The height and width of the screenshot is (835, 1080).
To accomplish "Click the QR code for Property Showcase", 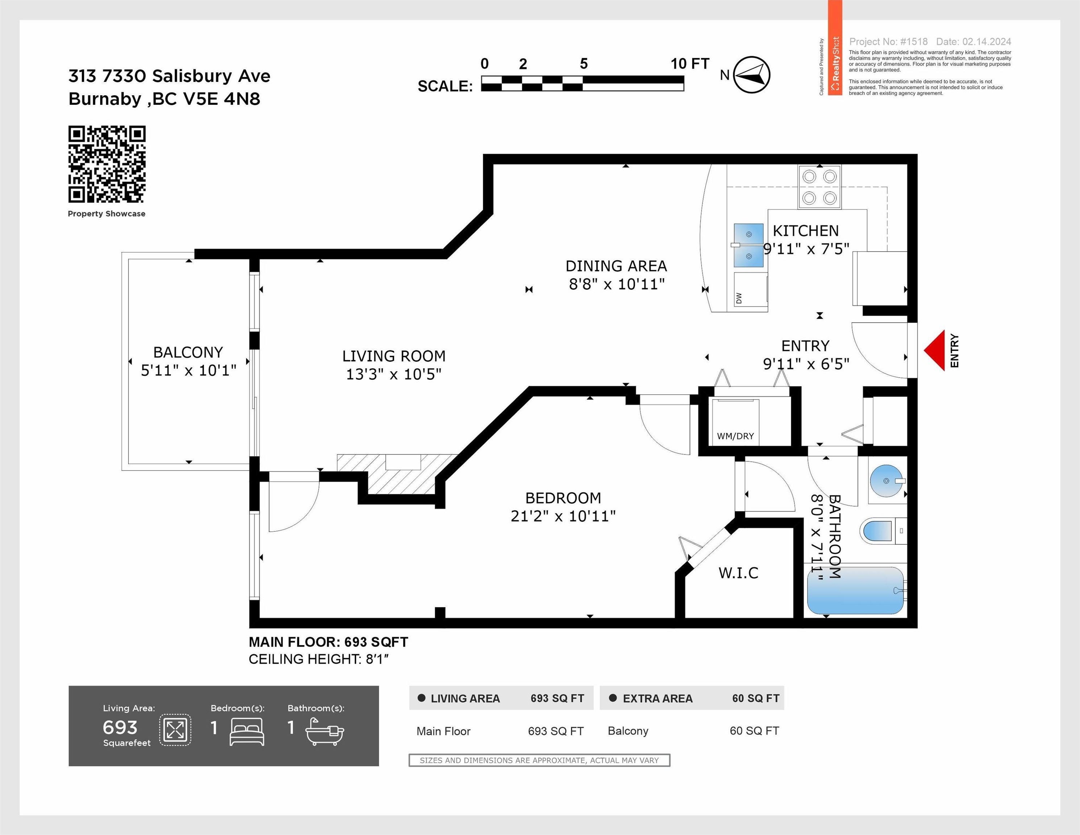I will (x=107, y=164).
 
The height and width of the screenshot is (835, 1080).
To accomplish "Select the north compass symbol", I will (x=751, y=75).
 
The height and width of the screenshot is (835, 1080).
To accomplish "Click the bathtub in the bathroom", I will (x=855, y=590).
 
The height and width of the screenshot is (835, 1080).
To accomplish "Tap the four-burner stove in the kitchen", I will (x=819, y=187).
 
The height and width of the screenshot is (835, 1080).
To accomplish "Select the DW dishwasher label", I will (x=739, y=298).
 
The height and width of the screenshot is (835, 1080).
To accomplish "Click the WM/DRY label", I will (x=735, y=436).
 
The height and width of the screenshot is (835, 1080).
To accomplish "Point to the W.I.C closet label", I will (x=738, y=573).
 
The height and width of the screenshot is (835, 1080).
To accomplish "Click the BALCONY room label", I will (x=188, y=353).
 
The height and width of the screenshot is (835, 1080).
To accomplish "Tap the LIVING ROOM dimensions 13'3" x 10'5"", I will (x=394, y=374).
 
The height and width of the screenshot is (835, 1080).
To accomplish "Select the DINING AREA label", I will (x=616, y=266).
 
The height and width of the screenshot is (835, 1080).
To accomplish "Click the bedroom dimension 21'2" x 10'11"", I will (x=563, y=516).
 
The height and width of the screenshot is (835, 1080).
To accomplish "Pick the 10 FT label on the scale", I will (x=690, y=64).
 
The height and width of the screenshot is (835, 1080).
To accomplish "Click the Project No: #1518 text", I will (x=888, y=42).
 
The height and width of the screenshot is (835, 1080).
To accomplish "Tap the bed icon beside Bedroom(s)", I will (x=247, y=732).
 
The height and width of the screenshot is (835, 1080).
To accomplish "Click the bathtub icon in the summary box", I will (x=324, y=732).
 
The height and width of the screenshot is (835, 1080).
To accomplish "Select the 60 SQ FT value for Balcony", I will (x=754, y=731).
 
